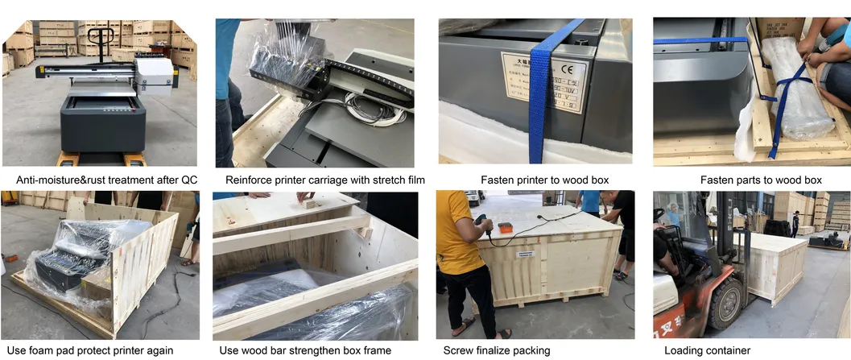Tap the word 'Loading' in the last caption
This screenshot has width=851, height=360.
coord(684,350)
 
